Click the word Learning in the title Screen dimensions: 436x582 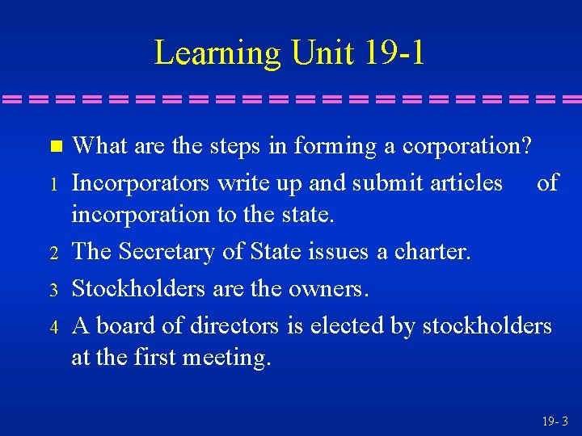point(217,53)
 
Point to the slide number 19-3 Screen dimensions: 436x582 point(555,421)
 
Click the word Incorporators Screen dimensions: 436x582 point(141,183)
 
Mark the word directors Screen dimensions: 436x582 point(234,325)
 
